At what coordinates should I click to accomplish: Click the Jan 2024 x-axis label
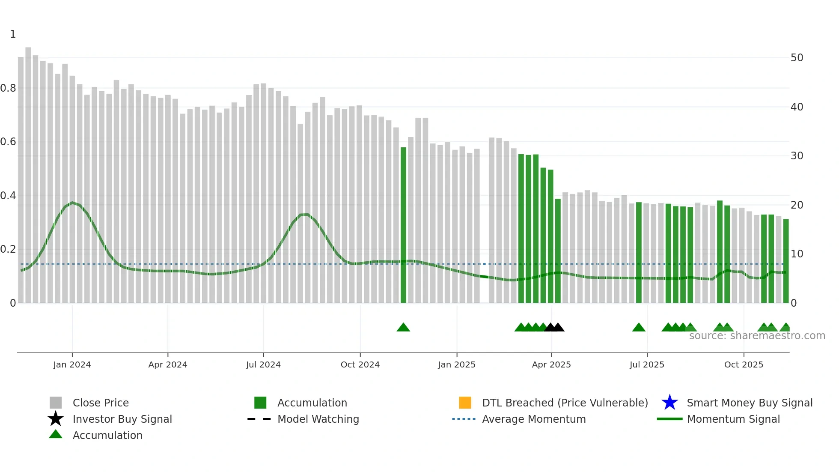[x=72, y=364]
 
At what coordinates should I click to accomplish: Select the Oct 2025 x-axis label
[x=744, y=364]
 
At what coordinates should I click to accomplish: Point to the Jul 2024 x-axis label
[x=263, y=364]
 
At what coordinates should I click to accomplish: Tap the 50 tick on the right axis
[x=797, y=58]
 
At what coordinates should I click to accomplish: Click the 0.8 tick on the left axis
[x=9, y=88]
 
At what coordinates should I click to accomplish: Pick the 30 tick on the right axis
[x=797, y=156]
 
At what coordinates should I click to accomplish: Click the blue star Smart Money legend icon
[x=669, y=403]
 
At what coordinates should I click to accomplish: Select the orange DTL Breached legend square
[x=465, y=403]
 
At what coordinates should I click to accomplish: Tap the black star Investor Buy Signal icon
[x=56, y=419]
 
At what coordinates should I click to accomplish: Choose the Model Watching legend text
[x=318, y=419]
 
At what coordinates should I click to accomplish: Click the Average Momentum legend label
[x=534, y=419]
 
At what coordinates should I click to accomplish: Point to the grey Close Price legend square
[x=56, y=403]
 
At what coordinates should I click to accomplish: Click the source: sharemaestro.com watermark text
[x=757, y=336]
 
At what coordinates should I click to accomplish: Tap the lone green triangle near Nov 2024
[x=403, y=328]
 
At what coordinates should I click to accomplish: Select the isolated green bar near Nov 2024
[x=403, y=225]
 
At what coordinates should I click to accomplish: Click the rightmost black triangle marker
[x=558, y=328]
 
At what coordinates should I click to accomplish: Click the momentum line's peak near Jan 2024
[x=72, y=203]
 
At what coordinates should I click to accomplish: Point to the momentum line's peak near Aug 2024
[x=304, y=214]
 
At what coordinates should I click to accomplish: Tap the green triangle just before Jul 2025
[x=639, y=328]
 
